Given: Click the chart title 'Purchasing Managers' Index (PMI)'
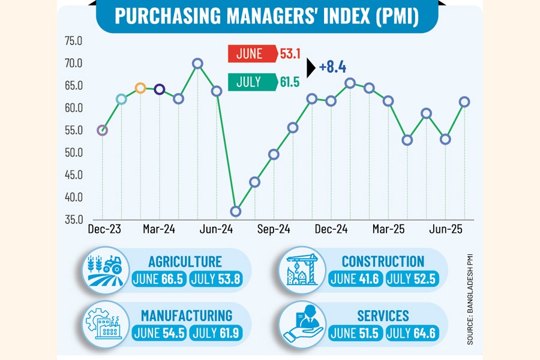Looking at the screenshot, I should click(266, 16).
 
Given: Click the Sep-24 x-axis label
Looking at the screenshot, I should click(274, 229).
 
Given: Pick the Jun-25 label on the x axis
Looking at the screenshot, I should click(445, 229).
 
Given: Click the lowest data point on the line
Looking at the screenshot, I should click(236, 211).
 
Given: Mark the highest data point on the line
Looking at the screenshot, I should click(197, 63).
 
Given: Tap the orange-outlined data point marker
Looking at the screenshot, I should click(140, 88).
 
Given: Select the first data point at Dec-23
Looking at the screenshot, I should click(102, 130).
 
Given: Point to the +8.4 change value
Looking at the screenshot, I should click(332, 67).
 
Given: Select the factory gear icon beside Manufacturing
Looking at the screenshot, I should click(106, 325).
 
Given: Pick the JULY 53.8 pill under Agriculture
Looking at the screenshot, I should click(216, 280).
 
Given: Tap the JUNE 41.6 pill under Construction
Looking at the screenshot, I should click(355, 280).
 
